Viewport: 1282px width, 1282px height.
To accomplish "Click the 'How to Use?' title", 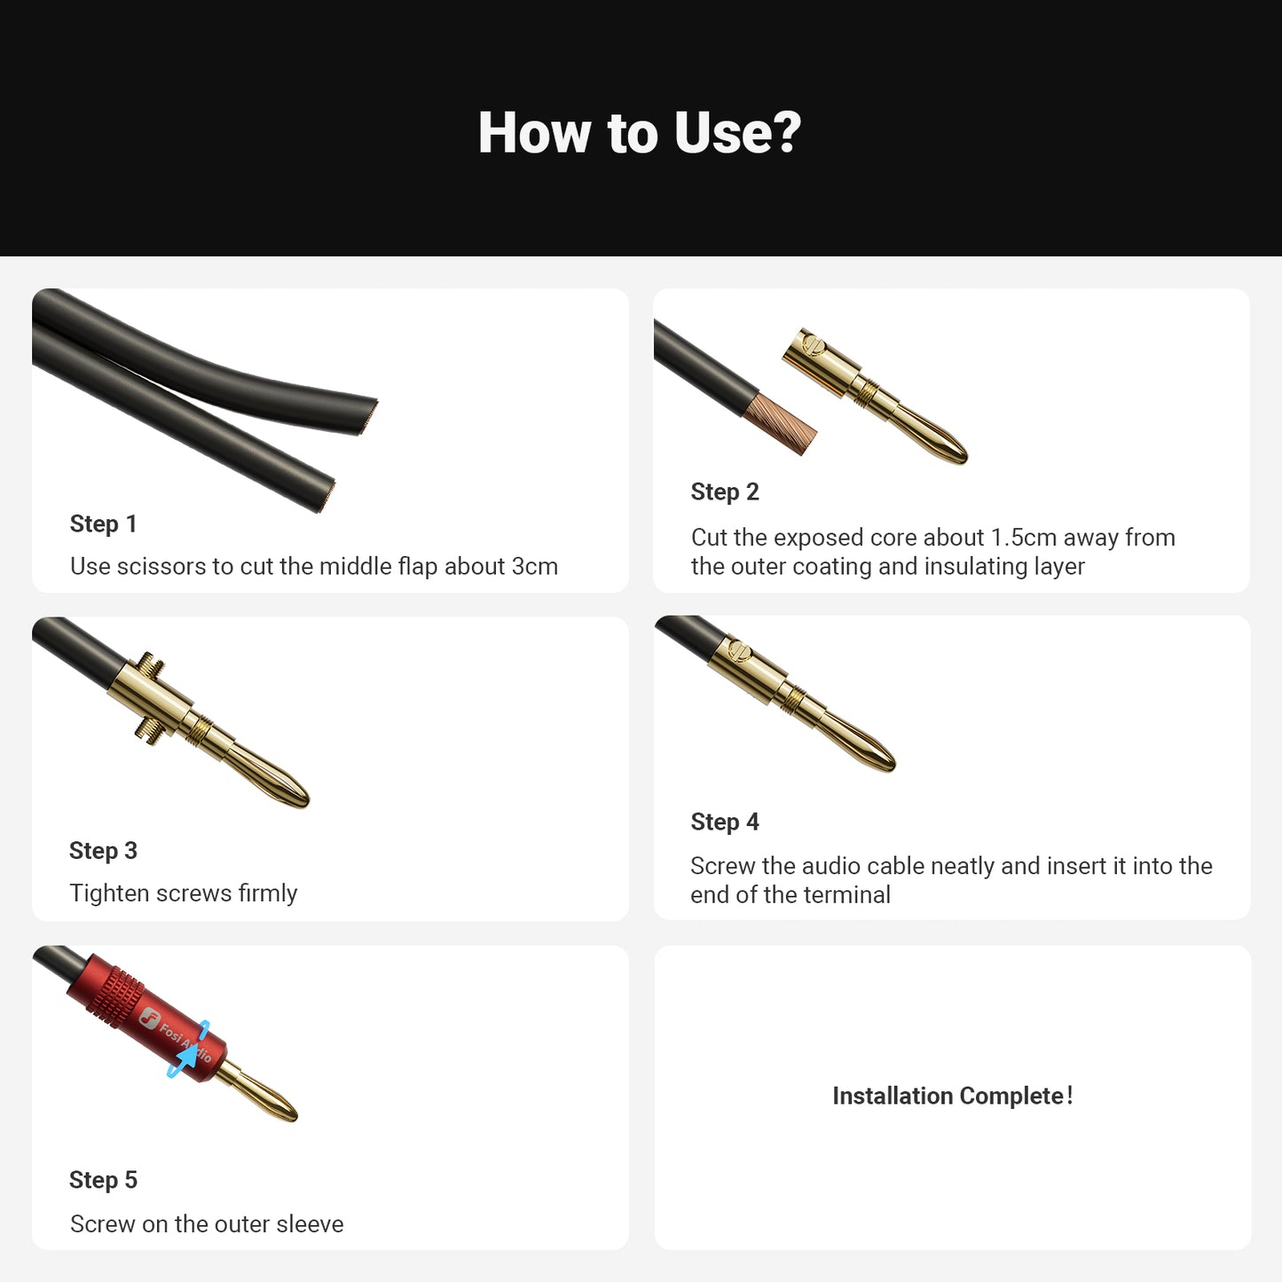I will (639, 133).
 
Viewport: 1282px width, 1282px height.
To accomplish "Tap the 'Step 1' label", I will (103, 524).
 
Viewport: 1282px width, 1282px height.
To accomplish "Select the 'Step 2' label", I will (725, 492).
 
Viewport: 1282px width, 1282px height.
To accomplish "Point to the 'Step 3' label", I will (103, 851).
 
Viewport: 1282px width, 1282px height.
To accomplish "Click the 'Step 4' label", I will (725, 822).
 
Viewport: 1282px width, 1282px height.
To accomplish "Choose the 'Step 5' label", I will (103, 1180).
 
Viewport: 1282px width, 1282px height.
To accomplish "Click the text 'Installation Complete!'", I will (952, 1097).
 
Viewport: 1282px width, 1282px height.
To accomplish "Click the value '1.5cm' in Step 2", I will (1023, 538).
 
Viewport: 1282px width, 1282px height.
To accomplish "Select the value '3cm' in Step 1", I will (534, 567).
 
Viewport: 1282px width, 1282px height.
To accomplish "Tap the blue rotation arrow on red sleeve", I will (189, 1050).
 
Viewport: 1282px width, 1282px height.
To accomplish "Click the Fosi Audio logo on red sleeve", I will (151, 1019).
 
